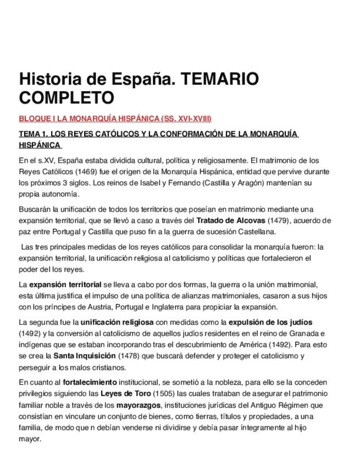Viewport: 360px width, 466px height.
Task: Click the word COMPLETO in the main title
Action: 67,98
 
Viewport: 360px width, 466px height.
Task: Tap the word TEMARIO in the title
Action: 219,79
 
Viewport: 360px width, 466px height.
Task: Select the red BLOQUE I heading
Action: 115,119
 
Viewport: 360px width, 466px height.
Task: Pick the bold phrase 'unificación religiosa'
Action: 117,322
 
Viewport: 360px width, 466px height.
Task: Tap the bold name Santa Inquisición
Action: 87,356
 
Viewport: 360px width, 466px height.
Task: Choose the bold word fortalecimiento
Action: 90,382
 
